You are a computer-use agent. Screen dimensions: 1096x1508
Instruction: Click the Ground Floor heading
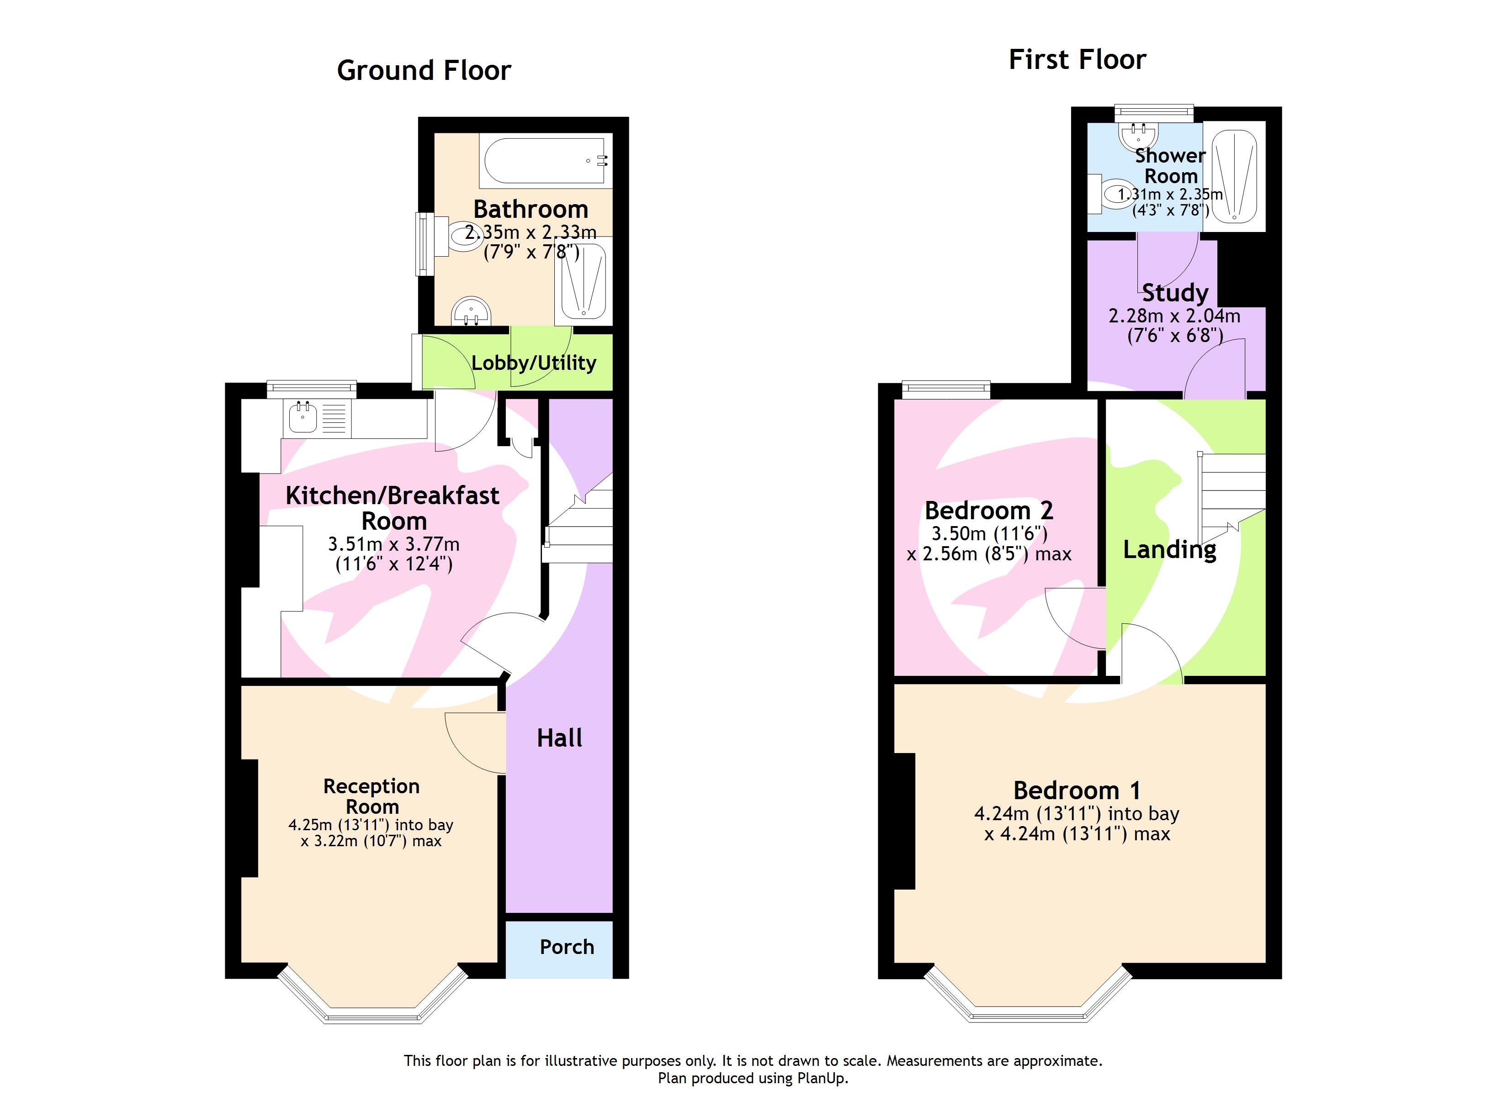[424, 70]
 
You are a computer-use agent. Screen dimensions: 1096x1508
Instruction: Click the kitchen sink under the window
[303, 417]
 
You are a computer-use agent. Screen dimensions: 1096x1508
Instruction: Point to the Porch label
[567, 947]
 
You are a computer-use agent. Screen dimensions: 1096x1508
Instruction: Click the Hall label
[559, 738]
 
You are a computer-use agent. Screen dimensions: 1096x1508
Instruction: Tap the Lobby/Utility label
[533, 363]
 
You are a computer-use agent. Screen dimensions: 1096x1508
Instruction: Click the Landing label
[1169, 550]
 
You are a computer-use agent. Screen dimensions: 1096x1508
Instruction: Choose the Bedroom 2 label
[989, 511]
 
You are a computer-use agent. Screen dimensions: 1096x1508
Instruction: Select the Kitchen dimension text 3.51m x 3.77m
[393, 544]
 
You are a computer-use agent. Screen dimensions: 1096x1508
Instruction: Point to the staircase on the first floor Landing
[1232, 492]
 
